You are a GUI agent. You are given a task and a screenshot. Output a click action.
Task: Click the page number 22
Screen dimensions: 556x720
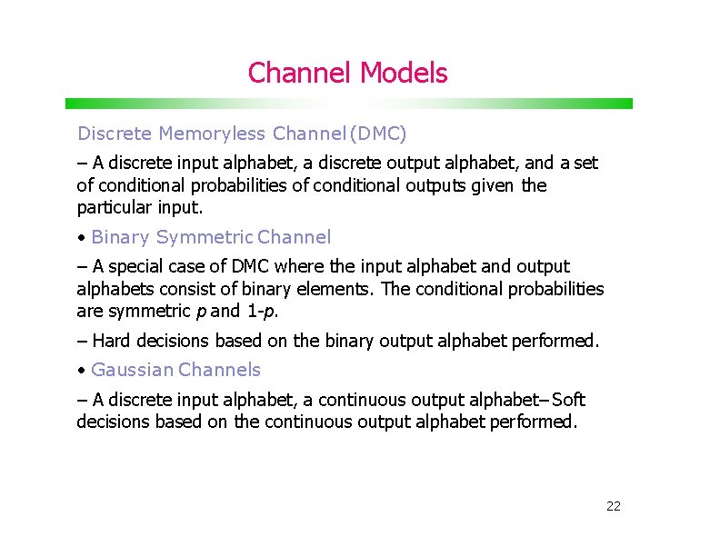tap(613, 506)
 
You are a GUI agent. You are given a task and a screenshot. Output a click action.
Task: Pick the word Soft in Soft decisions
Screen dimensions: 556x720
tap(569, 400)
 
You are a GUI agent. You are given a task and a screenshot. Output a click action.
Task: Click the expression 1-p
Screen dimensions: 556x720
tap(261, 311)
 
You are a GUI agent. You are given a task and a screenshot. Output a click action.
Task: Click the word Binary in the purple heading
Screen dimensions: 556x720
tap(121, 238)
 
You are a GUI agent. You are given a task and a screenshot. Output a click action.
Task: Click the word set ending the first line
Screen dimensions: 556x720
tap(586, 164)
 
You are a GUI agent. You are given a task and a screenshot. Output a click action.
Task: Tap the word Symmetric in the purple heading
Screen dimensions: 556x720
tap(205, 238)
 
